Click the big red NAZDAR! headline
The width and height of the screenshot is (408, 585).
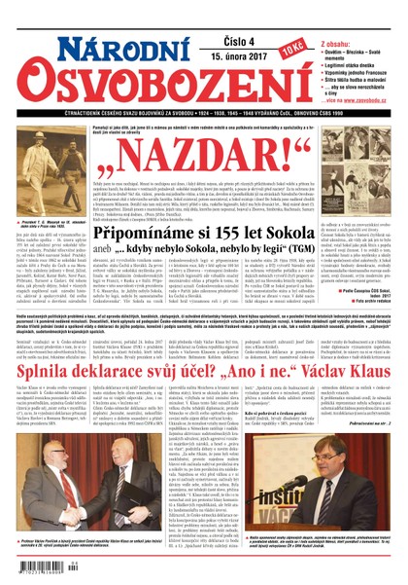204,171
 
